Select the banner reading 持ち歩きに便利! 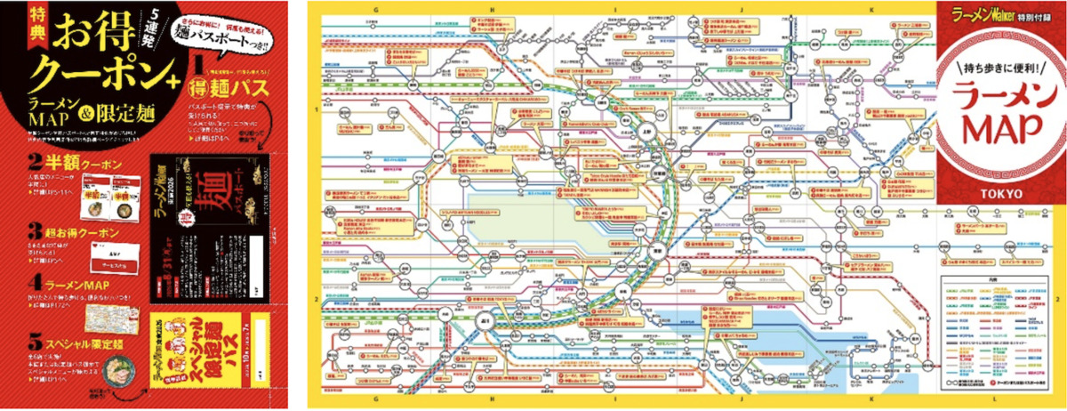[999, 66]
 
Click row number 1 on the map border [317, 109]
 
